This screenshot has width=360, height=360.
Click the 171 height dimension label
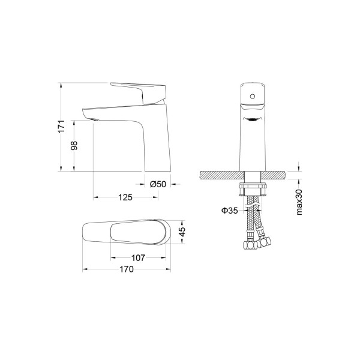[x=61, y=126]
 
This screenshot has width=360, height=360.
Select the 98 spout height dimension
[x=74, y=146]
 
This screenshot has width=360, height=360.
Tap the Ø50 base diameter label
[x=158, y=184]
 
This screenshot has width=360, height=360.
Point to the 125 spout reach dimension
[x=125, y=197]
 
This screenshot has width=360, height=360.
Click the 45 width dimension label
[x=182, y=232]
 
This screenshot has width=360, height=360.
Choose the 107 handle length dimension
[x=138, y=258]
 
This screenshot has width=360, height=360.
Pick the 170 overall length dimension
[x=127, y=269]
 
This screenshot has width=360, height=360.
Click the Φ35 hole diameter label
[x=230, y=210]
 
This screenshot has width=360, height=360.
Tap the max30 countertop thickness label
[x=299, y=202]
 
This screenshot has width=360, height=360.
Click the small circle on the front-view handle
[x=253, y=96]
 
